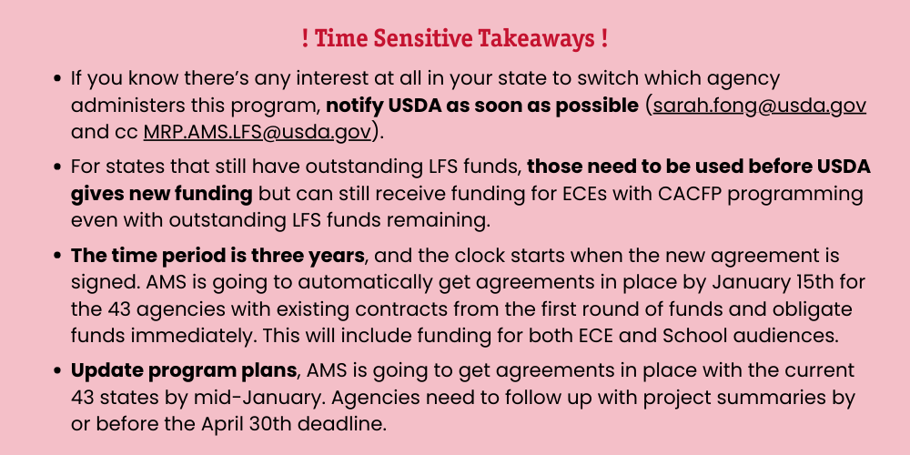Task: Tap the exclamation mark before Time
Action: tap(305, 38)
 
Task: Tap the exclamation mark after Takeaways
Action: tap(604, 38)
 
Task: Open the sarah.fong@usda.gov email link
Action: tap(760, 106)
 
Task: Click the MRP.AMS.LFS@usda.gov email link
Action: tap(258, 132)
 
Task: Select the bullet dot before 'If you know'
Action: tap(56, 77)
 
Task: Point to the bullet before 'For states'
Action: tap(56, 167)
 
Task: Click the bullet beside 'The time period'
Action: tap(56, 256)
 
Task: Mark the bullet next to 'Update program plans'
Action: tap(56, 370)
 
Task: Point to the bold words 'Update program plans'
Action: tap(184, 370)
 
